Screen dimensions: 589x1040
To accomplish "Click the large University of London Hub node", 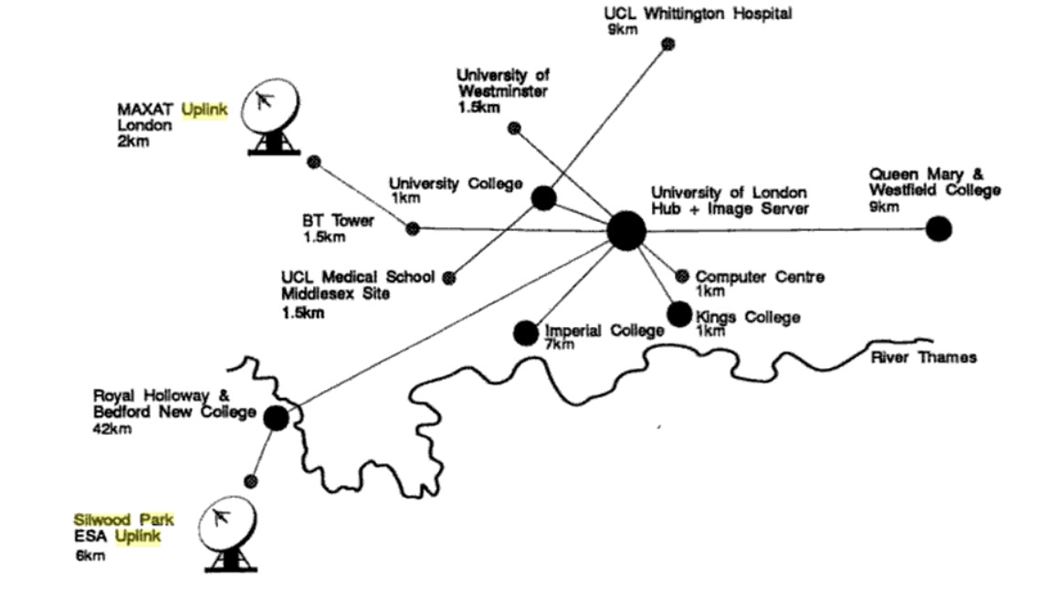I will [626, 230].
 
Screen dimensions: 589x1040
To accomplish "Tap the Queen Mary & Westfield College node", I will [938, 228].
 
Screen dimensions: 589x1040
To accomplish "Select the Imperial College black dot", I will [526, 333].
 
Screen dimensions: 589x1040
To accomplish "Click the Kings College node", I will [679, 314].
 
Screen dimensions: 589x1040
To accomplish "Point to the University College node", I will [543, 197].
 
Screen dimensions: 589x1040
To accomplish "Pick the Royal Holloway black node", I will [276, 417].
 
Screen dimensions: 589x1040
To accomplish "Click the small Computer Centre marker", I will [681, 276].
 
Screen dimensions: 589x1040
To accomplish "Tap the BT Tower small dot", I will [413, 228].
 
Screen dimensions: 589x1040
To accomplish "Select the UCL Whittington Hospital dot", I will [668, 44].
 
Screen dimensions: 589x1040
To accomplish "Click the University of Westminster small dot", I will [514, 129].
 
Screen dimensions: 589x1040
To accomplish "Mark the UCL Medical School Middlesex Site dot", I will [448, 277].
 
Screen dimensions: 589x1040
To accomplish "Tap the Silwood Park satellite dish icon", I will [224, 534].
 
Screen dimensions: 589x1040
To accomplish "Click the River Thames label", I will [923, 357].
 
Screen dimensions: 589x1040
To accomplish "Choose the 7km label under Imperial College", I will [560, 344].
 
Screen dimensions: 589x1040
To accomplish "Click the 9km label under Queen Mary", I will [884, 206].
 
